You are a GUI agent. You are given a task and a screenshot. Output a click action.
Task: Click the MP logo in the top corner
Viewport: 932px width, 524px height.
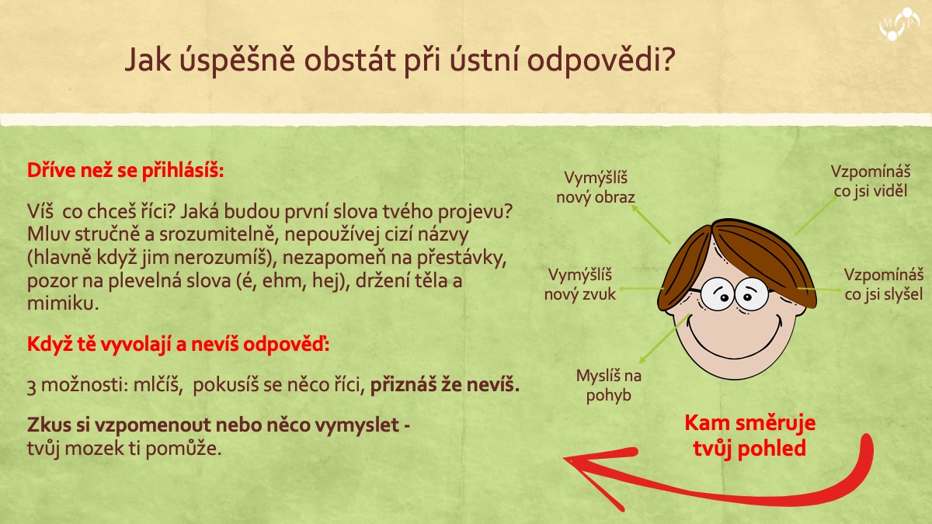(899, 24)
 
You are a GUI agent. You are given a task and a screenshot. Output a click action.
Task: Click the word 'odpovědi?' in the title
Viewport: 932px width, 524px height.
(600, 61)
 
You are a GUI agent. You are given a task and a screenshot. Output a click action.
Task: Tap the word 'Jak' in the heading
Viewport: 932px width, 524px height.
(148, 61)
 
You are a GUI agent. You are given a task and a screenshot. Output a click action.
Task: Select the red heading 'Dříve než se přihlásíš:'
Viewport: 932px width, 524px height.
(125, 171)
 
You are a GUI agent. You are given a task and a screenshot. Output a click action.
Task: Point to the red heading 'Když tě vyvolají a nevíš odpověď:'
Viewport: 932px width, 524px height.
(178, 345)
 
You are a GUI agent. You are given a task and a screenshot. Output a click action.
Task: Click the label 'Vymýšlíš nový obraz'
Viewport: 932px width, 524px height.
(596, 188)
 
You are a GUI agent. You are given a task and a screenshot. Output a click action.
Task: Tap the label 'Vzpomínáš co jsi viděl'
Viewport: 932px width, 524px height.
(871, 182)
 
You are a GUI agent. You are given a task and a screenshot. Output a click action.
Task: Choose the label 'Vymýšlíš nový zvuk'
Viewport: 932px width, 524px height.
(580, 284)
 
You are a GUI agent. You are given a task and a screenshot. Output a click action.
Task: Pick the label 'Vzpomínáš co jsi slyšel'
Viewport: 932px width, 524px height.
(884, 284)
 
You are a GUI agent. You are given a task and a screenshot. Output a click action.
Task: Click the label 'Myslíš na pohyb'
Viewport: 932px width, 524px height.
(609, 386)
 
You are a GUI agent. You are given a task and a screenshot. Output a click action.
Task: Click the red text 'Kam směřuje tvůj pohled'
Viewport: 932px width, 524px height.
(749, 436)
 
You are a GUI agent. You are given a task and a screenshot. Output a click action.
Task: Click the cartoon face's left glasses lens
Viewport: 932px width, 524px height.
(717, 294)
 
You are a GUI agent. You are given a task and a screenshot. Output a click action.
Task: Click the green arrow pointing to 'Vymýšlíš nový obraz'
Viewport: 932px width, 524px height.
(651, 224)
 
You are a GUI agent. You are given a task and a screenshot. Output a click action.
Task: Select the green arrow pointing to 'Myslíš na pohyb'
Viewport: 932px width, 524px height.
(665, 338)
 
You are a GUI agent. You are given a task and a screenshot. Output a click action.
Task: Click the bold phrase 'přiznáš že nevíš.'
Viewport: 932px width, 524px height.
(445, 385)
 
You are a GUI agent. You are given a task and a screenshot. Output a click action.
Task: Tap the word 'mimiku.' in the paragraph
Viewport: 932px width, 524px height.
(63, 304)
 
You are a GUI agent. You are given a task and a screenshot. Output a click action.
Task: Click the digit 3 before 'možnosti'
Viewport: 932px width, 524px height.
(31, 387)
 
